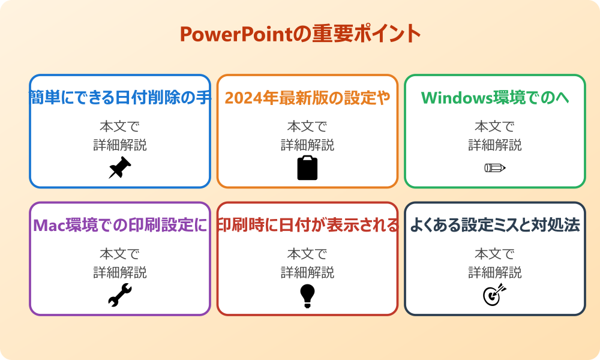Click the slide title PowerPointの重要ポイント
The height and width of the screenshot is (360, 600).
click(x=300, y=34)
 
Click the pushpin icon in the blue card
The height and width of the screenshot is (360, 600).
click(x=119, y=168)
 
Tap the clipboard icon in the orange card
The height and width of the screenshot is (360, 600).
click(x=307, y=168)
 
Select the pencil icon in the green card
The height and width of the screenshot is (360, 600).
click(x=494, y=168)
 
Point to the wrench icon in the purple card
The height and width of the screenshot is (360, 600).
click(x=119, y=295)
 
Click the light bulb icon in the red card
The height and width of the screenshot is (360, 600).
click(x=307, y=296)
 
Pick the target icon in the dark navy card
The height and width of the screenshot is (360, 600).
click(x=494, y=295)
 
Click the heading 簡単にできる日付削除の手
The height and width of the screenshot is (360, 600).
click(x=120, y=97)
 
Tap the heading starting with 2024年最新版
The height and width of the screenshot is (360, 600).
click(x=307, y=97)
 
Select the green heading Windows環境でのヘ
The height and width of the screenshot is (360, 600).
click(x=495, y=97)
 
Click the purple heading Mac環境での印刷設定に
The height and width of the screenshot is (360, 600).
click(x=120, y=225)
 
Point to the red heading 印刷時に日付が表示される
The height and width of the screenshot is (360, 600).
click(x=307, y=225)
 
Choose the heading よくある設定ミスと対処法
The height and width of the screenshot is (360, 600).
click(x=495, y=225)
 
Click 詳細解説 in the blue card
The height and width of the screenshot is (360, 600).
click(x=120, y=145)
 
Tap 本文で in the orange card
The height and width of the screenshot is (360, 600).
click(x=307, y=127)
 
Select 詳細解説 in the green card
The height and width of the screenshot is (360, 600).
click(x=495, y=145)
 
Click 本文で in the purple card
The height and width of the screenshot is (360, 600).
click(x=120, y=254)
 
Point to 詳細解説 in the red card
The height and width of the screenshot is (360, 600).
click(x=307, y=272)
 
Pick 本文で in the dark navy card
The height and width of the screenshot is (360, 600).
click(x=495, y=254)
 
